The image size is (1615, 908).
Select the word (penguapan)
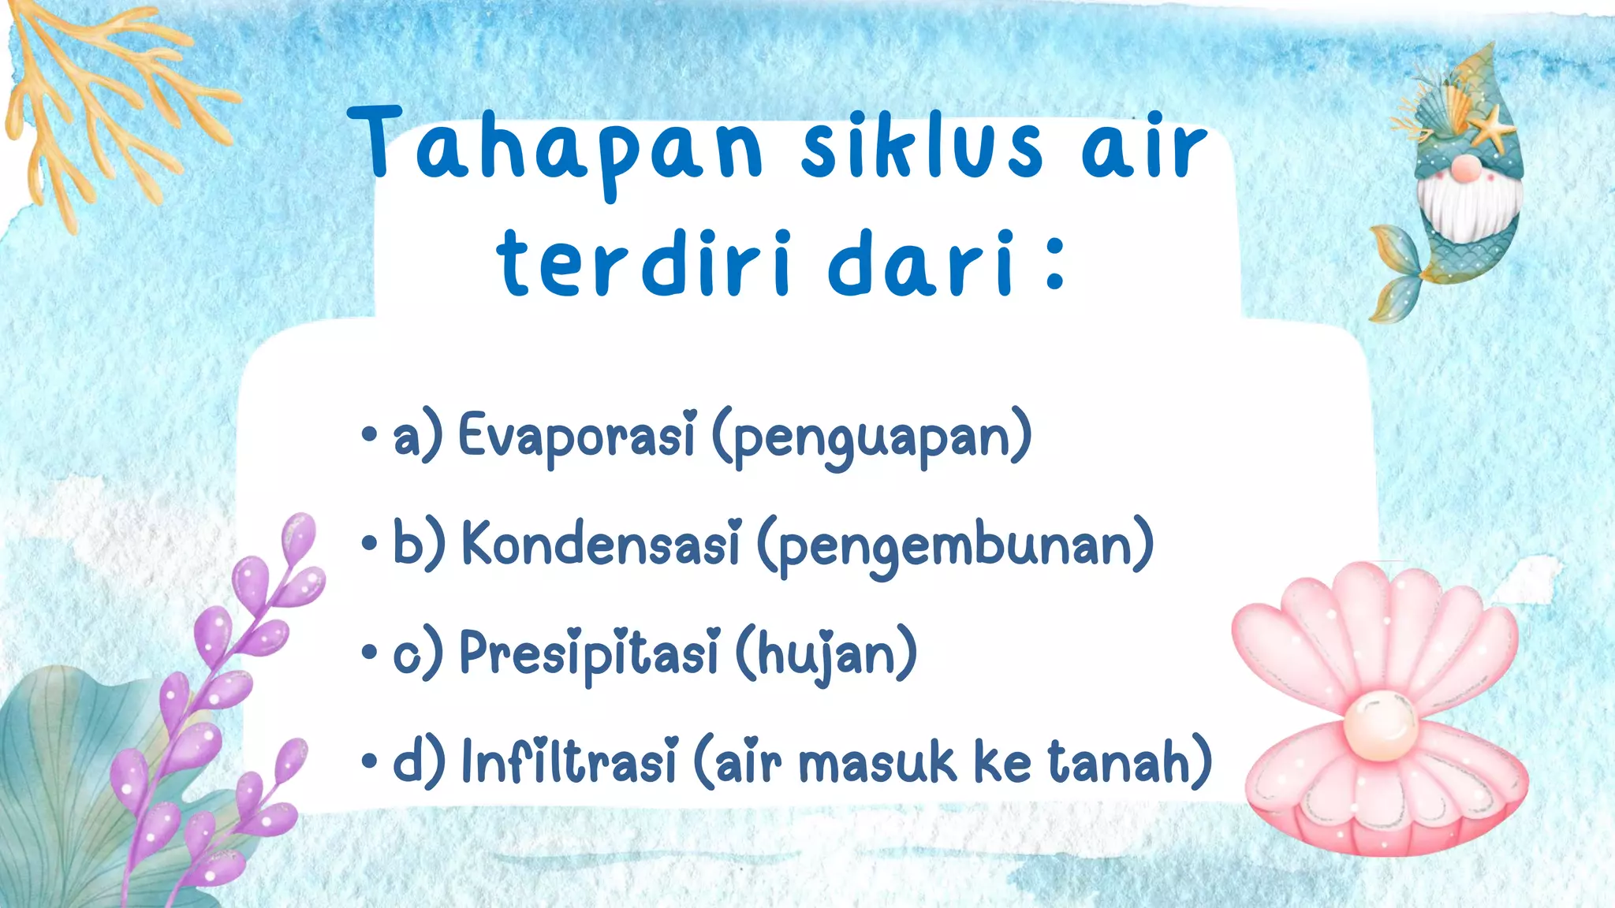(x=871, y=437)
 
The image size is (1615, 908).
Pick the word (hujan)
(x=826, y=654)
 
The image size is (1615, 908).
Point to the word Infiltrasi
(x=569, y=761)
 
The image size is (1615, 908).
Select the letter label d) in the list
(x=418, y=761)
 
